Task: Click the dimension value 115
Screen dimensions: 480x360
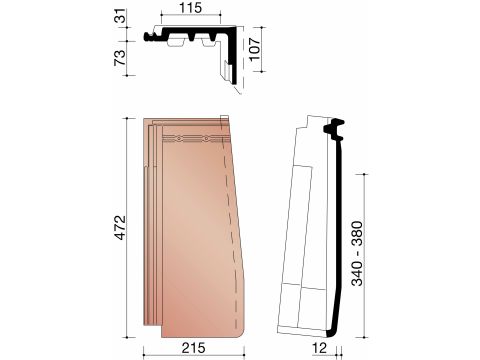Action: [x=191, y=8]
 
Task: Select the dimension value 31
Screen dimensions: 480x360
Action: [x=121, y=16]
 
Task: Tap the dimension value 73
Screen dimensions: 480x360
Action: [x=120, y=57]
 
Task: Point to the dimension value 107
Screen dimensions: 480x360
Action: [x=255, y=49]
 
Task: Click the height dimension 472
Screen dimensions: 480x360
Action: [x=121, y=228]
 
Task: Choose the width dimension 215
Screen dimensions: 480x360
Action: [x=193, y=348]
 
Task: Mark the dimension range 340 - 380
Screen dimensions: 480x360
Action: [x=357, y=253]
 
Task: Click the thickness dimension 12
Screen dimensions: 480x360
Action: [x=320, y=348]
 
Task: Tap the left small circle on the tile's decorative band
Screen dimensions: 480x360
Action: [x=179, y=138]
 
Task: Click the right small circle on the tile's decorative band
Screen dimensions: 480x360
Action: [x=207, y=138]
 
